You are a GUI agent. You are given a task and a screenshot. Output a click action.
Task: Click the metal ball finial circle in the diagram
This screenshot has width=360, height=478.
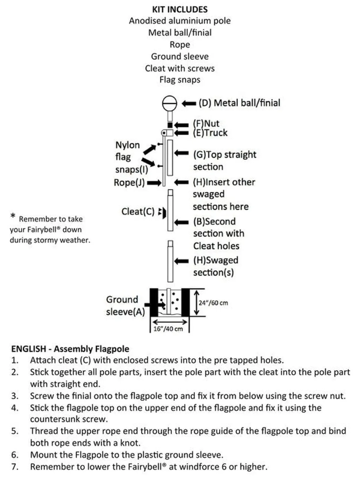point(169,103)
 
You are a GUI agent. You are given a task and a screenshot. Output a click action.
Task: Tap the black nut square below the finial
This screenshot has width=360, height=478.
point(170,125)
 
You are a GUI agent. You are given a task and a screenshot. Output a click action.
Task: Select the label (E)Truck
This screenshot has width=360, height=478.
point(210,133)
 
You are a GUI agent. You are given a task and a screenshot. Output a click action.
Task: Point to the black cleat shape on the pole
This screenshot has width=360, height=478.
point(164,212)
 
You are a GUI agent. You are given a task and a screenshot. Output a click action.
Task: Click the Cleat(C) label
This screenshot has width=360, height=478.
point(138,212)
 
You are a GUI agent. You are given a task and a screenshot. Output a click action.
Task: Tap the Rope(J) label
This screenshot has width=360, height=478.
point(129,183)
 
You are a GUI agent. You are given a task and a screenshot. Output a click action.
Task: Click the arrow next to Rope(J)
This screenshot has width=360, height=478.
point(154,183)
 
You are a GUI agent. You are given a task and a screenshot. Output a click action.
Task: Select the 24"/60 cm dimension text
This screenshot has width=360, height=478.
point(213,303)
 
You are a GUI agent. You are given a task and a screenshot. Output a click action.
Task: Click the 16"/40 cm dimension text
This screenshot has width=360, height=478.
point(168,329)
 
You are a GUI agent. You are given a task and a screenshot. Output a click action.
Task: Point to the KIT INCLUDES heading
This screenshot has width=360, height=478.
point(180,9)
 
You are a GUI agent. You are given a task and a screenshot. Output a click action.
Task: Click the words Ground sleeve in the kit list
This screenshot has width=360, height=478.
point(180,56)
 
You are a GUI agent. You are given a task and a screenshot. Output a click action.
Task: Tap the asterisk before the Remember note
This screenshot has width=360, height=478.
point(13,216)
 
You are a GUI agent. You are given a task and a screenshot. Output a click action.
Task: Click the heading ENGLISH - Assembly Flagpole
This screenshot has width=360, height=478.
point(70,349)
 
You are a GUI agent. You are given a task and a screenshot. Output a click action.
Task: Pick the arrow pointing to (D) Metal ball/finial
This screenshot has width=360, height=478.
point(189,103)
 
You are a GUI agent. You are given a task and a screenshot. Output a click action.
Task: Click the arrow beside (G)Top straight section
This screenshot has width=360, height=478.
point(181,153)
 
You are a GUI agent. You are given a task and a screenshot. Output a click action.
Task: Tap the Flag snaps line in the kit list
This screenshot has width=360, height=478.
point(180,80)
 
